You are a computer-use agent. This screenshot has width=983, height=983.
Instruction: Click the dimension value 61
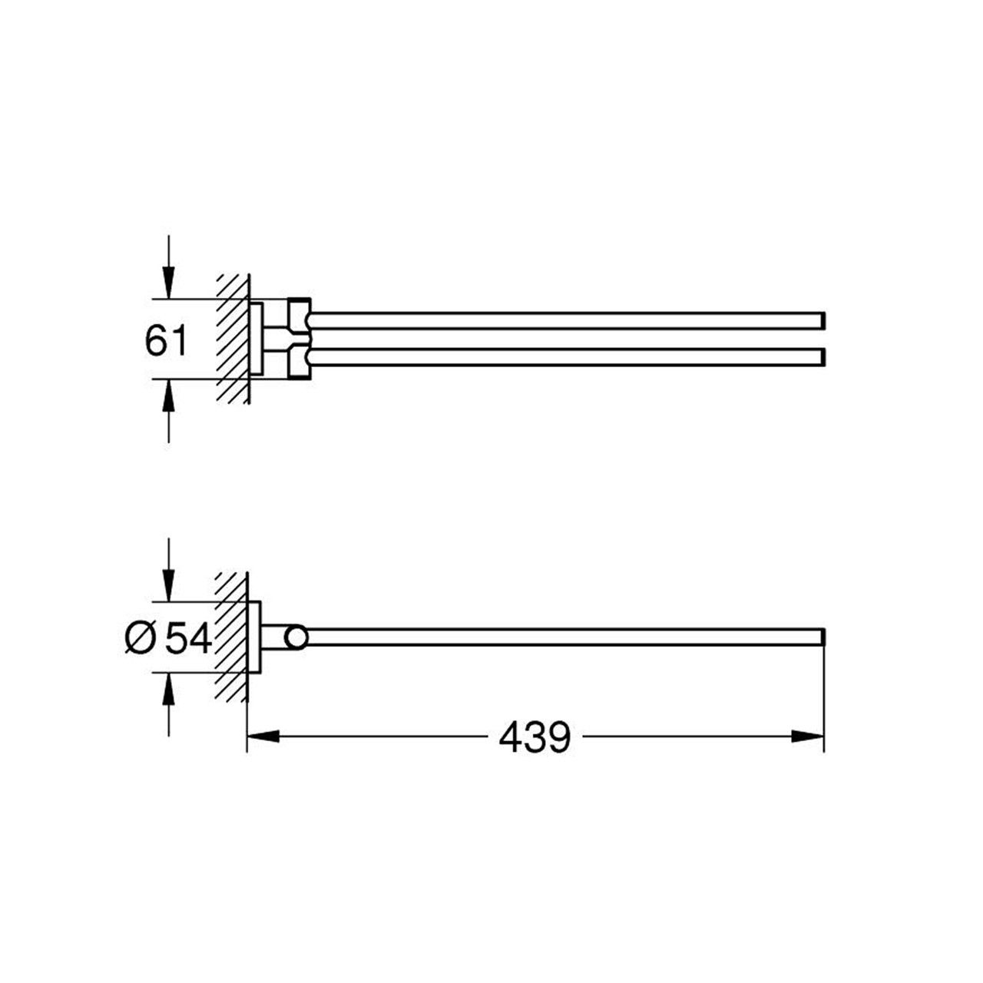(167, 341)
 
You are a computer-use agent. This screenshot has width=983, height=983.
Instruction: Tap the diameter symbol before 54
(140, 639)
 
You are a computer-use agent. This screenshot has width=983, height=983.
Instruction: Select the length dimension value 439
(535, 736)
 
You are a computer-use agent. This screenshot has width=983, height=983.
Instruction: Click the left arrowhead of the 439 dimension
(263, 736)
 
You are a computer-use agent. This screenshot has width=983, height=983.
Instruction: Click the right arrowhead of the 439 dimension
(807, 736)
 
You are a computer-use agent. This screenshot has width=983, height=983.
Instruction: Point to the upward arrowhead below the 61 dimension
(169, 396)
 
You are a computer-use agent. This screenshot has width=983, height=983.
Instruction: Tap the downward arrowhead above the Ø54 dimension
(169, 586)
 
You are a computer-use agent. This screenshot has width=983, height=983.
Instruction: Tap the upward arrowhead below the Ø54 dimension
(169, 689)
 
